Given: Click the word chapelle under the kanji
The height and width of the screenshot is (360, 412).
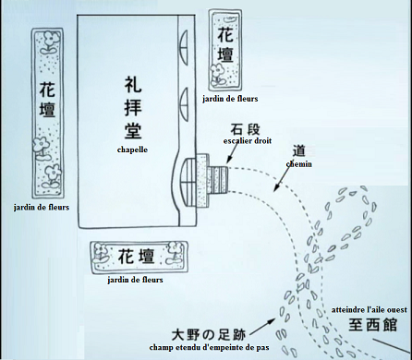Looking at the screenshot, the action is pyautogui.click(x=132, y=150).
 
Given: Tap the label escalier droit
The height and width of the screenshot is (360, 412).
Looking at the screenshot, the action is pyautogui.click(x=248, y=141).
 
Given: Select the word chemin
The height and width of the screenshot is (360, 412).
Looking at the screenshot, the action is pyautogui.click(x=298, y=164).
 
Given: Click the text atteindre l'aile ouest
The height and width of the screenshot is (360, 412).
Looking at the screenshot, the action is pyautogui.click(x=370, y=310).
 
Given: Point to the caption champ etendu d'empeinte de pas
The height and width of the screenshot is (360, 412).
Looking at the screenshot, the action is pyautogui.click(x=209, y=348).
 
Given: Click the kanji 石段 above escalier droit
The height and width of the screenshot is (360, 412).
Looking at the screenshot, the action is pyautogui.click(x=245, y=129).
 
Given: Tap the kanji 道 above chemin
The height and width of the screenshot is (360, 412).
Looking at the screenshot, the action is pyautogui.click(x=298, y=151).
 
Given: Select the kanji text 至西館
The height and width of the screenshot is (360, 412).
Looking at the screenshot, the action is pyautogui.click(x=372, y=325).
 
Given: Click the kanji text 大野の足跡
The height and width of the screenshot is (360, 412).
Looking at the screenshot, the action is pyautogui.click(x=209, y=334).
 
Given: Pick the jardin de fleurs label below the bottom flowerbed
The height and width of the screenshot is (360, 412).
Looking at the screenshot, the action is pyautogui.click(x=135, y=280).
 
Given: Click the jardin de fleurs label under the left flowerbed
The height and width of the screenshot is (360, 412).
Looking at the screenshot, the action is pyautogui.click(x=42, y=207).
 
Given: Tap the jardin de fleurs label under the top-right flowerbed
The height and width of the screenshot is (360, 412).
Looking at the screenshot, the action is pyautogui.click(x=230, y=99).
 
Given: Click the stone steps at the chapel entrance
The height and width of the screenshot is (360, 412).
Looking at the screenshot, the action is pyautogui.click(x=218, y=179).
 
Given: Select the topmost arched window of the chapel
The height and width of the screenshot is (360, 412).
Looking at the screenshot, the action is pyautogui.click(x=184, y=48).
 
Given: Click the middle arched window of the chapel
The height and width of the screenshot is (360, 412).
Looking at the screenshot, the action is pyautogui.click(x=184, y=104).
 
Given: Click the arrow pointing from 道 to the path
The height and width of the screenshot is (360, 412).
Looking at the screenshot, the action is pyautogui.click(x=282, y=178).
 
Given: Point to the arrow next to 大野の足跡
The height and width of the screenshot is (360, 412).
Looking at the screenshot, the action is pyautogui.click(x=262, y=327).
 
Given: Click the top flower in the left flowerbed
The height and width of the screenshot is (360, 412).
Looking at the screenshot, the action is pyautogui.click(x=50, y=42).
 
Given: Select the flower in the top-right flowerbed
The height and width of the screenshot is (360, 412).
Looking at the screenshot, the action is pyautogui.click(x=218, y=75).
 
